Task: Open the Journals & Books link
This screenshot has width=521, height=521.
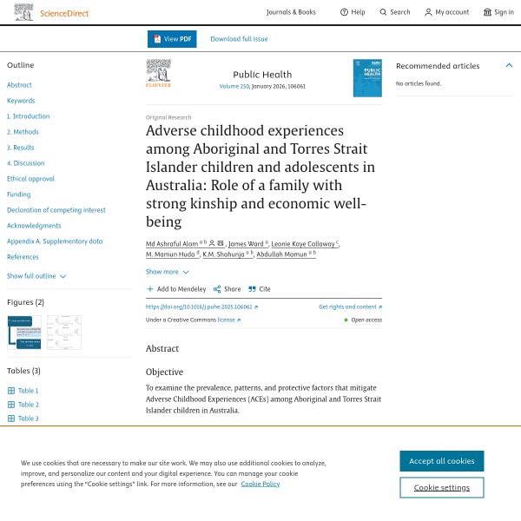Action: tap(291, 12)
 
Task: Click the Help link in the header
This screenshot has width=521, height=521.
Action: tap(353, 12)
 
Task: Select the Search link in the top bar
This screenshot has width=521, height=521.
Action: tap(394, 12)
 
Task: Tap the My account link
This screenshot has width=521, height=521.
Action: tap(446, 12)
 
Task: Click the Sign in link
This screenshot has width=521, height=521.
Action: tap(498, 12)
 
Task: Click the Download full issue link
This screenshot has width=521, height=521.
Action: tap(239, 39)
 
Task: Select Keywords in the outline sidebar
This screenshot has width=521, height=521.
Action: tap(21, 101)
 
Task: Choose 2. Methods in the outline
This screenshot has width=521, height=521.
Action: tap(23, 132)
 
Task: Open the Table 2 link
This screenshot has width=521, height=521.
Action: tap(28, 405)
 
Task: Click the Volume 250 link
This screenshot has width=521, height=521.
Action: tap(234, 87)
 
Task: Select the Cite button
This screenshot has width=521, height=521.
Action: tap(260, 289)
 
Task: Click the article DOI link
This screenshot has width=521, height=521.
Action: tap(201, 307)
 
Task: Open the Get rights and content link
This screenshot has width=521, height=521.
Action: tap(350, 307)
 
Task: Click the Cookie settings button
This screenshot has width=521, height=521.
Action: tap(441, 487)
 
